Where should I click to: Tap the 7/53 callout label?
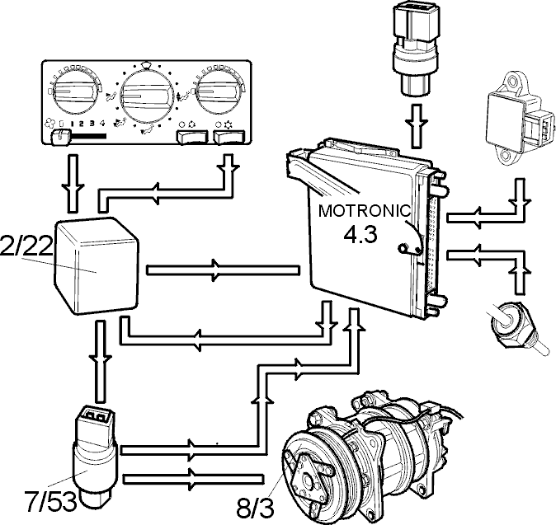pos(50,501)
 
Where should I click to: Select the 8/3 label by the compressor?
pos(255,508)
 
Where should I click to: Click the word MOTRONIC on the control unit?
pos(364,211)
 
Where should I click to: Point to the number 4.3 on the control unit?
pos(360,235)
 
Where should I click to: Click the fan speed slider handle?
pos(60,137)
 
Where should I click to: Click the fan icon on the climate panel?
pos(50,124)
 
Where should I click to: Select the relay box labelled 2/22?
pos(96,265)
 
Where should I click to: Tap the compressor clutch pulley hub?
pos(308,480)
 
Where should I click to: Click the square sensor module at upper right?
pos(518,118)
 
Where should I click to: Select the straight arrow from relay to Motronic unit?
pos(224,270)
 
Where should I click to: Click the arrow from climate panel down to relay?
pos(72,184)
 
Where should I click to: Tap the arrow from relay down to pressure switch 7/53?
pos(101,361)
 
